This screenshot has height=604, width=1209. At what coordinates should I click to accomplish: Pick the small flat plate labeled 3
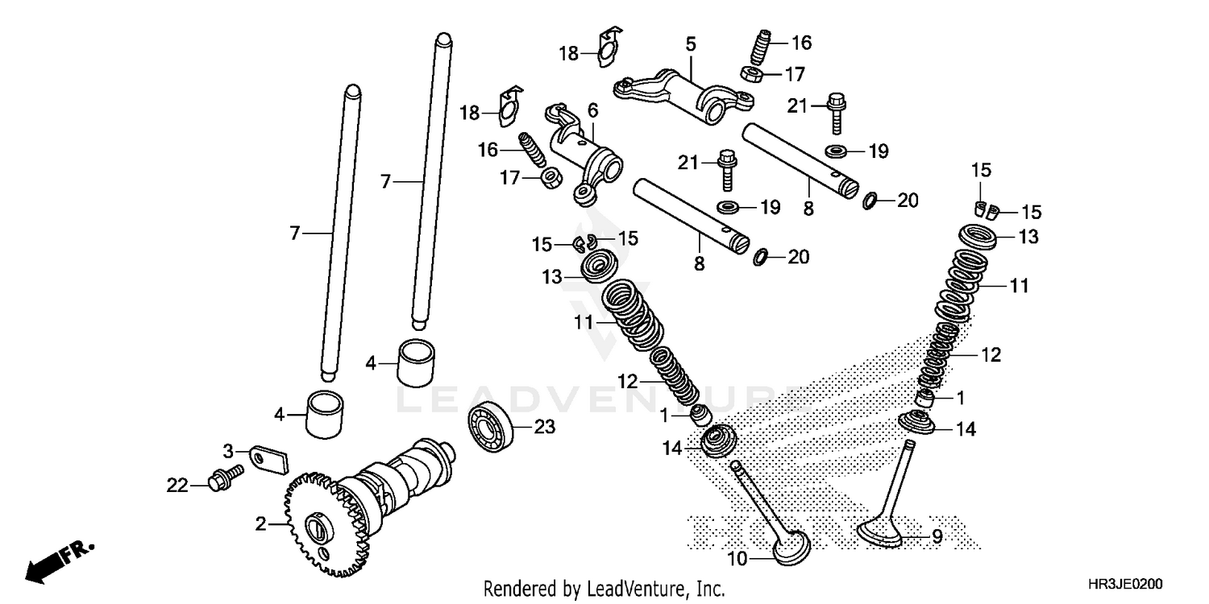[x=267, y=459]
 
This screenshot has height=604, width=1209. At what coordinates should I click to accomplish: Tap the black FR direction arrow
[x=56, y=562]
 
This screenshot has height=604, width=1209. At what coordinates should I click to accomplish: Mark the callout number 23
[x=546, y=428]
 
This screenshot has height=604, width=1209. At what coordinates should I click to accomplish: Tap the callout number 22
[x=177, y=486]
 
